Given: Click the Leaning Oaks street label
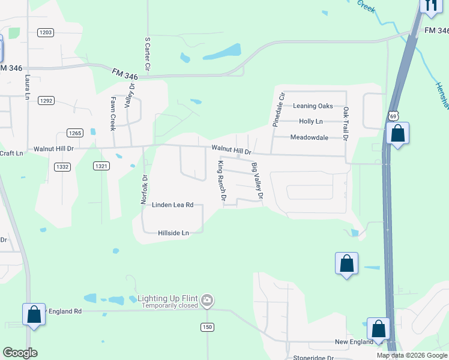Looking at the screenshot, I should [x=312, y=106].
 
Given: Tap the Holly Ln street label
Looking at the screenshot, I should [x=310, y=121].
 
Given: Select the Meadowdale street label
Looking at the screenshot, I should [x=309, y=137].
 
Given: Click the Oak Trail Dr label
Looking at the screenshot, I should [x=346, y=124].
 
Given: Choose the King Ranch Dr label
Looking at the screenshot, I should [x=222, y=181].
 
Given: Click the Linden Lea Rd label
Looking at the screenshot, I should [x=172, y=205].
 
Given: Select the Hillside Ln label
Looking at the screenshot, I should [x=173, y=233].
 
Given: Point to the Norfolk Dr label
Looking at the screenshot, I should [x=144, y=190].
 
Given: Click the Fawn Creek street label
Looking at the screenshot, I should [x=112, y=114].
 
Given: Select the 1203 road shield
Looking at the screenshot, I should [x=45, y=32].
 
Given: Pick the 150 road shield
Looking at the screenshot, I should [x=207, y=326].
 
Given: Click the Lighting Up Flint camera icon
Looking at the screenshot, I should [x=207, y=299].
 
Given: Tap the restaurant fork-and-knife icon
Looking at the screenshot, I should [x=430, y=5].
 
